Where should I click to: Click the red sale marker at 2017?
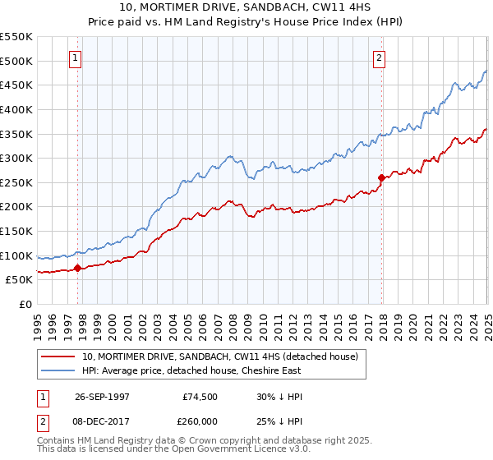coord(381,177)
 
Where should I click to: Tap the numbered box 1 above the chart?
coord(75,57)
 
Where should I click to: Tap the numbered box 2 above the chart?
coord(379,57)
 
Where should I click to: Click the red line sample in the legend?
coord(58,357)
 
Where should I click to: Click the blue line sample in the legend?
coord(58,371)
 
